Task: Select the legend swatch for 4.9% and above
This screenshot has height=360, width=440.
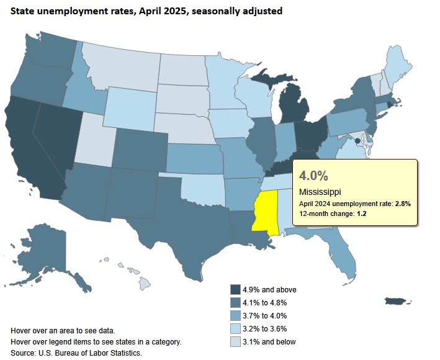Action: [x=235, y=289]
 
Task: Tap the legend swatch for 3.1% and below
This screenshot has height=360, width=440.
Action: [x=235, y=341]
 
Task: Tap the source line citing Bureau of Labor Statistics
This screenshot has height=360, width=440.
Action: [x=76, y=353]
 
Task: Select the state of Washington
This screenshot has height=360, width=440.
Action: [x=49, y=59]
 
